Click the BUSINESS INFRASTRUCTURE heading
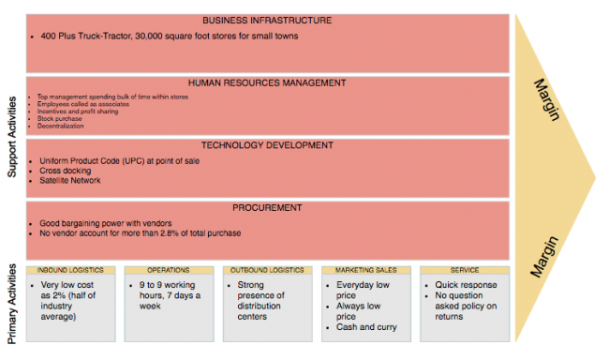point(266,21)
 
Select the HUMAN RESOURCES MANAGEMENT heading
point(266,82)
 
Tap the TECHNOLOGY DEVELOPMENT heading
point(266,145)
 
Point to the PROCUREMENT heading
point(266,207)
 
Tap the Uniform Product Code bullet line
point(119,160)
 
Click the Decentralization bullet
point(61,127)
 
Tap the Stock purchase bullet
point(59,119)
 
